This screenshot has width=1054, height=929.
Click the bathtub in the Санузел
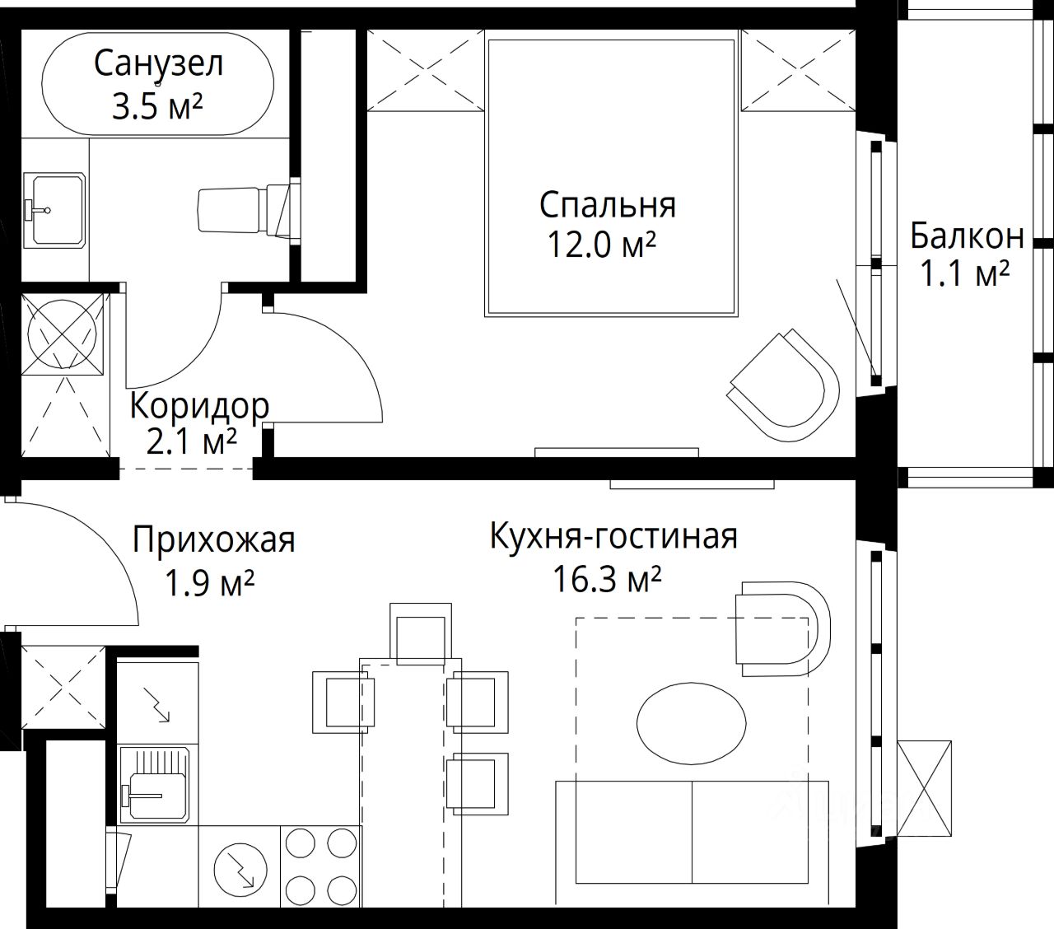[157, 84]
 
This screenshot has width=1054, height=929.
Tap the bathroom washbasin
[54, 211]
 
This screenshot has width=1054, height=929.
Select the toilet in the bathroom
[244, 210]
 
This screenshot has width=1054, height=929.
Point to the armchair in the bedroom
[783, 386]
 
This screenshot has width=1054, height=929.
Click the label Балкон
[967, 236]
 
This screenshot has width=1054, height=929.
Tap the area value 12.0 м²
[602, 245]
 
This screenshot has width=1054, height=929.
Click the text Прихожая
[214, 539]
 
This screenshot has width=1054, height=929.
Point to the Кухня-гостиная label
[614, 536]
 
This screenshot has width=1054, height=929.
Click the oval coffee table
[692, 723]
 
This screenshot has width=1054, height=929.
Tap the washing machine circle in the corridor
[63, 334]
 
